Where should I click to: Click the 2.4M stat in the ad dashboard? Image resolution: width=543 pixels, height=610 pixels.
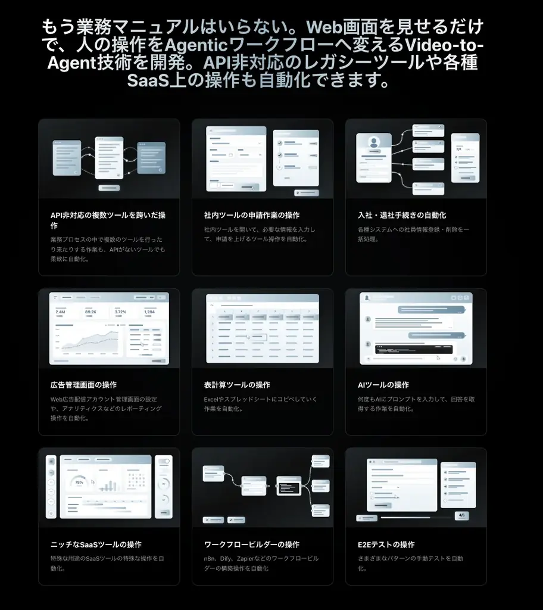60,312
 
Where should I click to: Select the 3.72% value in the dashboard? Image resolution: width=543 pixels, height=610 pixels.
120,312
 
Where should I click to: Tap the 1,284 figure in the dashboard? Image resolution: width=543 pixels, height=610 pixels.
149,312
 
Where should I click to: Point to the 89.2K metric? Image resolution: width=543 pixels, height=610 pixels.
90,312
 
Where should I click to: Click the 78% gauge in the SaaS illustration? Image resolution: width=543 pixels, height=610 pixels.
79,483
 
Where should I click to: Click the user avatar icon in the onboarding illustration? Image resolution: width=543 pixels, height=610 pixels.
374,143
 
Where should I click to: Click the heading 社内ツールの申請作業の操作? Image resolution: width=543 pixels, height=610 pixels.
252,215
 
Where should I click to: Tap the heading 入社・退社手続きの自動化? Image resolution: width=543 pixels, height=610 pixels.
402,215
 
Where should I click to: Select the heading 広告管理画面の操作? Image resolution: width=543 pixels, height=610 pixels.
83,385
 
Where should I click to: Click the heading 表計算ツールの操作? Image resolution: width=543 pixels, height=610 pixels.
237,385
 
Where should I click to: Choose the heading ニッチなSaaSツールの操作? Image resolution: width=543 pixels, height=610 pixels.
96,544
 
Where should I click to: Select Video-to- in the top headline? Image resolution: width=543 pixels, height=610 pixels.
444,45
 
